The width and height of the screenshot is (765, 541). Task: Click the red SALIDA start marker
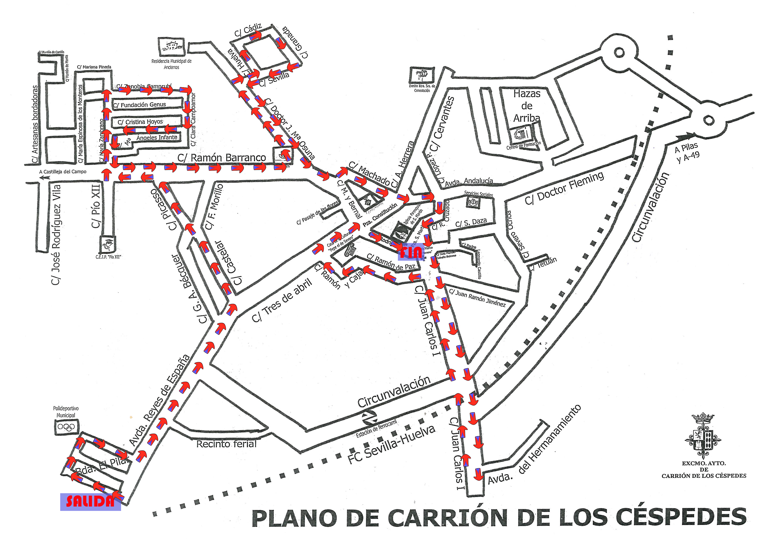[90, 501]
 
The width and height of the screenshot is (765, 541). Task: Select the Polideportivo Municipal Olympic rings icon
[67, 427]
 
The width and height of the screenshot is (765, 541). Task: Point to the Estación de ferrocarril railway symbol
[370, 417]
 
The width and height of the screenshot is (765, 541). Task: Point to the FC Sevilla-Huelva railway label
[392, 445]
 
